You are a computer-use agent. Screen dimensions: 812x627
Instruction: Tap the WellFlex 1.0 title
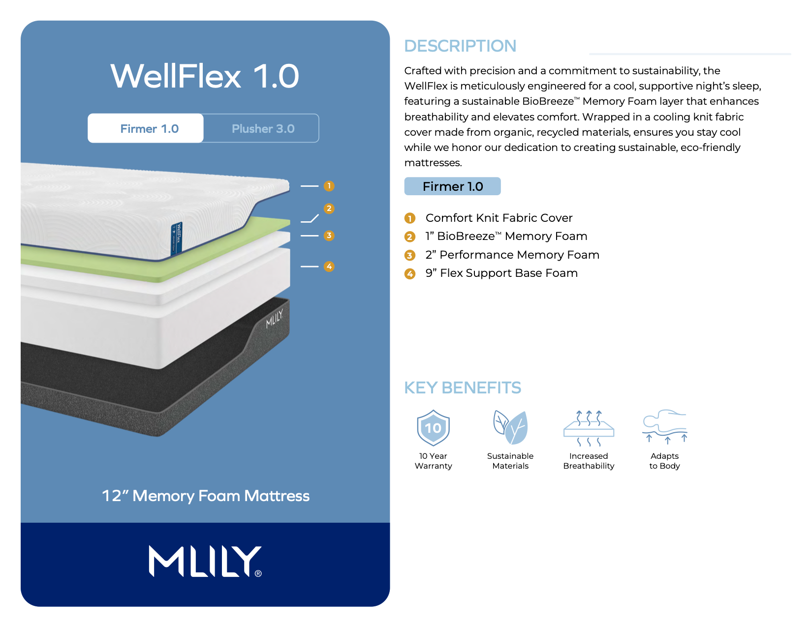coord(204,76)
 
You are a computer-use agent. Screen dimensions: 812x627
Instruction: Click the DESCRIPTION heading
coord(460,46)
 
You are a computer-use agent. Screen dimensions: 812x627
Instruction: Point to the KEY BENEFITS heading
coord(462,387)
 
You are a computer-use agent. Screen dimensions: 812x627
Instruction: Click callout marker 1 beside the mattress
coord(329,185)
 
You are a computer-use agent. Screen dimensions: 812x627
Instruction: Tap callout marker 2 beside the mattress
coord(329,208)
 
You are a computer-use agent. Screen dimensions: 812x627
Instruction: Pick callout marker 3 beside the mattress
coord(329,235)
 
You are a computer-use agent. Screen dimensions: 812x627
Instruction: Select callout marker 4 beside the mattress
coord(329,266)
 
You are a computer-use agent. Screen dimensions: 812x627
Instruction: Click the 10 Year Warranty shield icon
coord(433,427)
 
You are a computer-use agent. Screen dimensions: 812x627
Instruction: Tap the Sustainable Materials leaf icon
coord(510,427)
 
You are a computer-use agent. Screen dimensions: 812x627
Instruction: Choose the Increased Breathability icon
coord(589,428)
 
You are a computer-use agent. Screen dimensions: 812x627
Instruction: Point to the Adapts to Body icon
coord(664,426)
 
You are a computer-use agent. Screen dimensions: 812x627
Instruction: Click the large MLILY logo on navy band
coord(205,561)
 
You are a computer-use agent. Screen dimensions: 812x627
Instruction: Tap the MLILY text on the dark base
coord(274,319)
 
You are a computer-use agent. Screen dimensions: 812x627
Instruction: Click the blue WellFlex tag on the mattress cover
coord(176,239)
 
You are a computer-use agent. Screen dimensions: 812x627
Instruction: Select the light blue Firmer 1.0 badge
coord(452,186)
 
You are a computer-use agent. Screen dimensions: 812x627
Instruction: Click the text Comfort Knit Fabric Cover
coord(499,218)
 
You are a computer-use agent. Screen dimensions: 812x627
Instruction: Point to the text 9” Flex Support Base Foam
coord(501,273)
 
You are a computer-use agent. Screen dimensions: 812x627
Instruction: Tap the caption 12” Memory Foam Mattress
coord(206,496)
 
